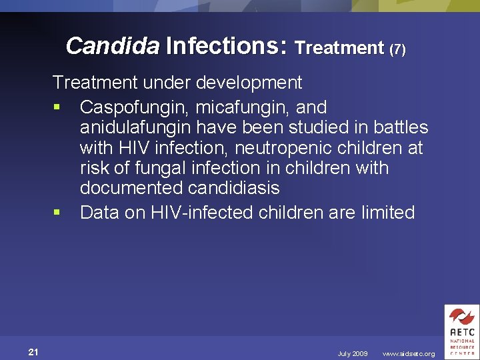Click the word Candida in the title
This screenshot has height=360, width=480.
(x=113, y=46)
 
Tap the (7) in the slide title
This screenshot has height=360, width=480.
(x=397, y=48)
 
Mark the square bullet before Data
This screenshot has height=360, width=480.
(x=57, y=213)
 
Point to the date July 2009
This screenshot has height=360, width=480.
(x=353, y=354)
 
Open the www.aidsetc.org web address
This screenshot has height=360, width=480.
(x=409, y=354)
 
